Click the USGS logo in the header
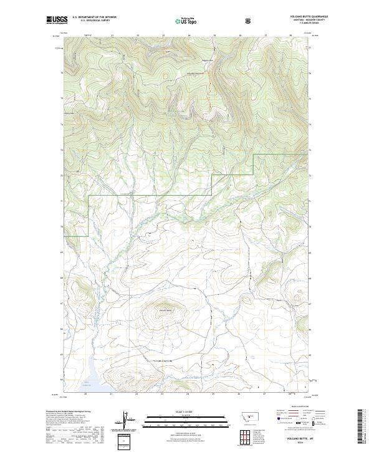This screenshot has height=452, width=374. click(x=57, y=19)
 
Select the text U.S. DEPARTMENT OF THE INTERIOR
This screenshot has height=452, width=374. click(x=94, y=17)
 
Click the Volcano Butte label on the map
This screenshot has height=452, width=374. click(x=165, y=311)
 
